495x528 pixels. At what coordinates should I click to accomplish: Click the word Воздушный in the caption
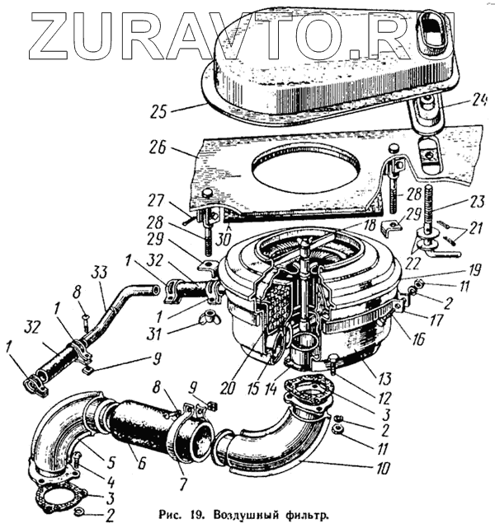pyautogui.click(x=280, y=512)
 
